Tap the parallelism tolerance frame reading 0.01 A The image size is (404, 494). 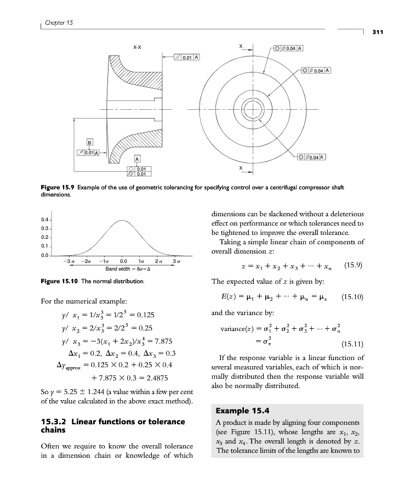(187, 57)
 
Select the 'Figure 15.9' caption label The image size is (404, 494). (59, 187)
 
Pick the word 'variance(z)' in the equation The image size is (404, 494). (237, 330)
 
